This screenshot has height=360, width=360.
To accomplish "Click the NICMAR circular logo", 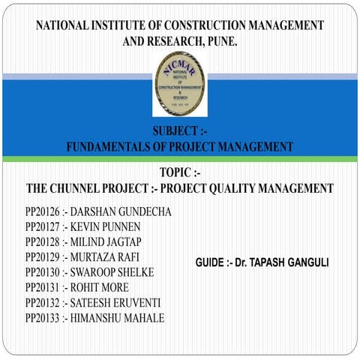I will (x=179, y=84).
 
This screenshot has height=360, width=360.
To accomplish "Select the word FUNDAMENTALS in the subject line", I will (x=112, y=147).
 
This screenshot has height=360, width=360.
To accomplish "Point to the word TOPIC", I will (x=176, y=172).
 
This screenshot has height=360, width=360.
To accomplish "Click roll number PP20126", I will (x=42, y=212).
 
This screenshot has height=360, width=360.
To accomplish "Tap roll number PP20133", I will (x=42, y=318).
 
